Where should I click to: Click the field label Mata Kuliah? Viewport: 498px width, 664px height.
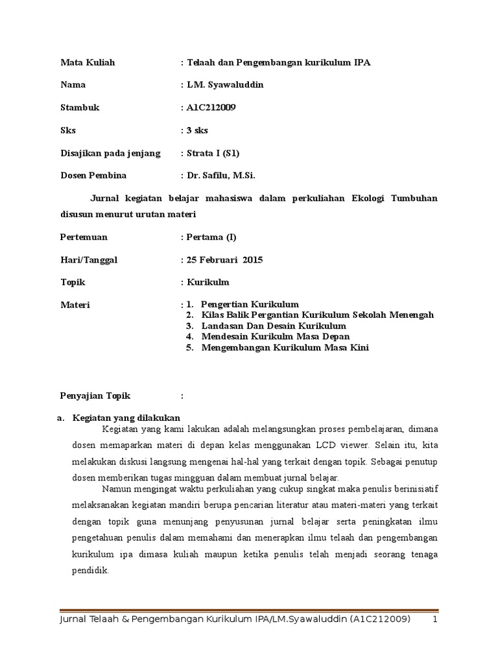pos(88,62)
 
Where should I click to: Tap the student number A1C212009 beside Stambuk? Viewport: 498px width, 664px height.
pos(211,108)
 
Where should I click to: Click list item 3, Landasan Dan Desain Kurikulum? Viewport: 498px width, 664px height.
pos(274,326)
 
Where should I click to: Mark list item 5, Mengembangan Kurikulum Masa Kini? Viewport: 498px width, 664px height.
pos(285,348)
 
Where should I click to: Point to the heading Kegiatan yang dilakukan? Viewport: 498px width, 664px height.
pos(126,417)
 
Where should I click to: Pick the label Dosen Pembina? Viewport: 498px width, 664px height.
pos(93,175)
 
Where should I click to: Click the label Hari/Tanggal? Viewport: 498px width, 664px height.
pos(89,260)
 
